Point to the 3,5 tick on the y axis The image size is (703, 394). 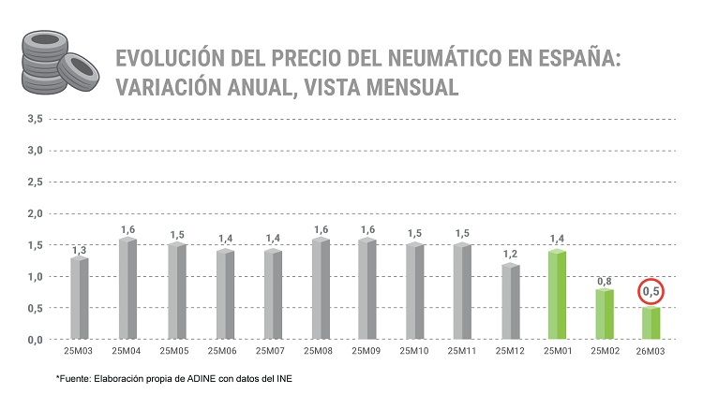tap(35, 119)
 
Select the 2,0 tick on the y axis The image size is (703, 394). tap(35, 213)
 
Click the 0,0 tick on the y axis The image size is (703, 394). tap(35, 340)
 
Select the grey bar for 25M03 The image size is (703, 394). tap(80, 298)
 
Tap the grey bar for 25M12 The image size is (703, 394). tap(511, 300)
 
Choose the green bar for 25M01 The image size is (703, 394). tap(558, 294)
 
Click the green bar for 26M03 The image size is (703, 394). tap(651, 323)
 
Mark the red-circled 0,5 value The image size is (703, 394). tap(651, 293)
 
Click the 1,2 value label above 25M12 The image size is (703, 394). tap(511, 254)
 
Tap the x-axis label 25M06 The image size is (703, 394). tap(223, 352)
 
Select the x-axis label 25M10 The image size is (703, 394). tap(414, 352)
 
